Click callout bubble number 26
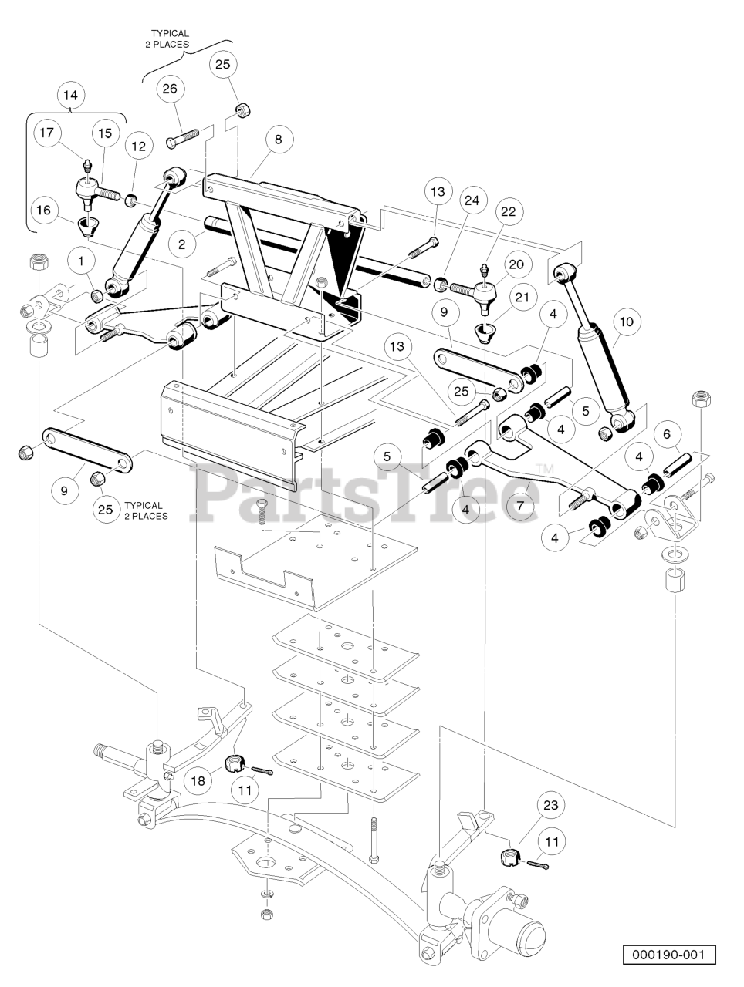coord(169,89)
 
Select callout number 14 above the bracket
coord(70,96)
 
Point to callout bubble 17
coord(46,133)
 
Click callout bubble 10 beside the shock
coord(626,320)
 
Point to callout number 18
coord(199,780)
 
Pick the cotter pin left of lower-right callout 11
coord(540,868)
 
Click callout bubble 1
coord(81,261)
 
